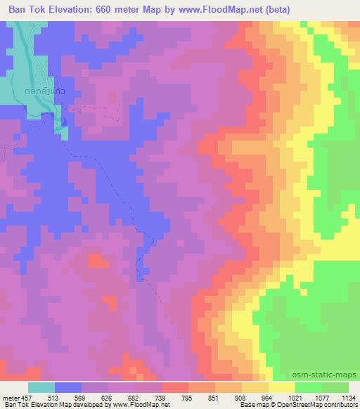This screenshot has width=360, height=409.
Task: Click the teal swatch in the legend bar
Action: point(41,387)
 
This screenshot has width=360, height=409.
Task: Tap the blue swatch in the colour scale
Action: point(68,387)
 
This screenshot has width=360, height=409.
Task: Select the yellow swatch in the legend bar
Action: point(282,387)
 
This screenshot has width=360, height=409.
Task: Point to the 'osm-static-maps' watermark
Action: point(330,375)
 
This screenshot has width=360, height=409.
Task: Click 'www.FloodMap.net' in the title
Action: point(215,9)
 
